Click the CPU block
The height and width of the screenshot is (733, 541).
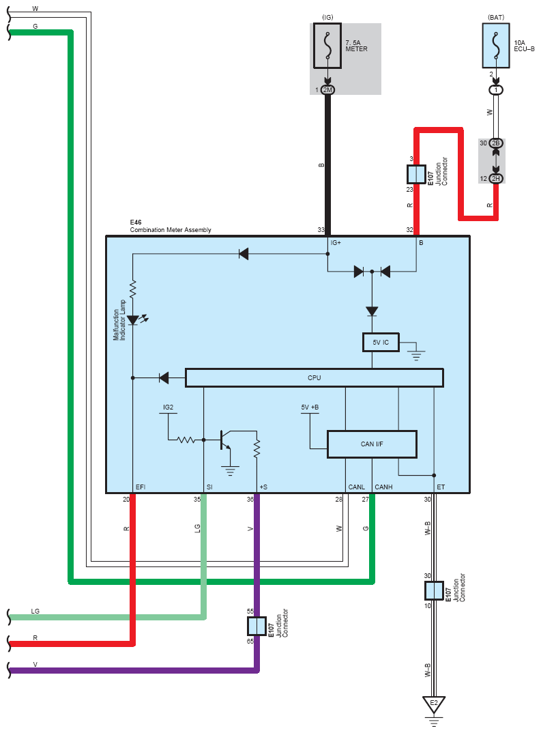(314, 377)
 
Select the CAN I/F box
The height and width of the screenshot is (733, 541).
(372, 444)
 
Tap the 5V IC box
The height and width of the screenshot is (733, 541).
(381, 342)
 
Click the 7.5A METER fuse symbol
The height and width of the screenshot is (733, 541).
(327, 46)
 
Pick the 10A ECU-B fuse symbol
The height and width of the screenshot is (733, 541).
(496, 46)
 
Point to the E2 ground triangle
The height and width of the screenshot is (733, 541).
(434, 704)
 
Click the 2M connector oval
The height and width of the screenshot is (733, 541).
(328, 90)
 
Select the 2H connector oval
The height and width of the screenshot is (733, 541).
(496, 179)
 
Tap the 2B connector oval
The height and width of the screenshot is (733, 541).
(496, 143)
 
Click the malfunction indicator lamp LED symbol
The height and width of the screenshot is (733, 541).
(133, 320)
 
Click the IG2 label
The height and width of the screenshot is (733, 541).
(169, 407)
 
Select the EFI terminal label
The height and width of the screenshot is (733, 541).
(141, 487)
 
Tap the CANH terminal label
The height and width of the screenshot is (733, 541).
(383, 487)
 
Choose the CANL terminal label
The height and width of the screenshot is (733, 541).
(357, 487)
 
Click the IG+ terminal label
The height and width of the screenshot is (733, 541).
(336, 242)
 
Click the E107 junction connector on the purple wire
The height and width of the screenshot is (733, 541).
(257, 626)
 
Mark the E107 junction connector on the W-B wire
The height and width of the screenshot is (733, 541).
(434, 591)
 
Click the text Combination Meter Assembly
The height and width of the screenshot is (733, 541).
(171, 230)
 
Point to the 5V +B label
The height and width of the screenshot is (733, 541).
(310, 407)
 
